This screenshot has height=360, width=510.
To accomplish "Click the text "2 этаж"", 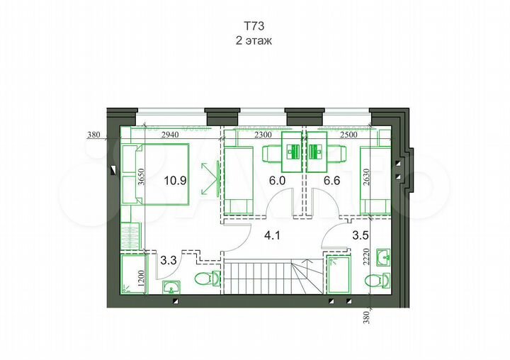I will pos(254,41).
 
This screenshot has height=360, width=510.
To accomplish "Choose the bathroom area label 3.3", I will pos(169,261).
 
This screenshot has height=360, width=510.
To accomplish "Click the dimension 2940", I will pos(170,133).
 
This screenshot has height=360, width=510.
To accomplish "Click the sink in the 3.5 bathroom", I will pos(384,255).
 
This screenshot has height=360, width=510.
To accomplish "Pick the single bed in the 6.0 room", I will pos(239,180).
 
